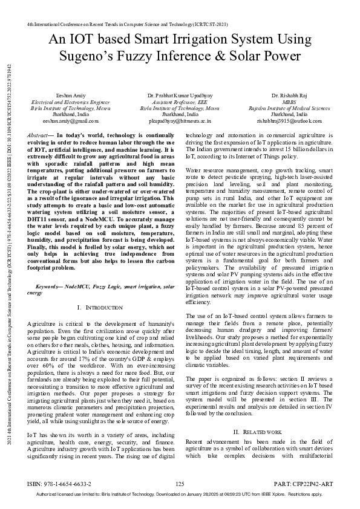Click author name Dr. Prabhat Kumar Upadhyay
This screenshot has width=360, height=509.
point(180,96)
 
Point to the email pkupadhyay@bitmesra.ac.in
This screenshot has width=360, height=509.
point(180,120)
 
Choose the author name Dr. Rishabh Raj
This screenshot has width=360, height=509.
point(289,96)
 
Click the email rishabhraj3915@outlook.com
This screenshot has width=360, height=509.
point(289,120)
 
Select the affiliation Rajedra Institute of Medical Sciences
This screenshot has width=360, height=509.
point(289,108)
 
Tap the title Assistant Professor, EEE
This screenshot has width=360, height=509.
point(180,102)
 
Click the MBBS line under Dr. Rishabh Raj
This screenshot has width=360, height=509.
point(289,102)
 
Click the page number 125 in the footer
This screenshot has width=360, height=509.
point(180,484)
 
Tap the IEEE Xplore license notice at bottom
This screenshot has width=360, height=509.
point(180,494)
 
